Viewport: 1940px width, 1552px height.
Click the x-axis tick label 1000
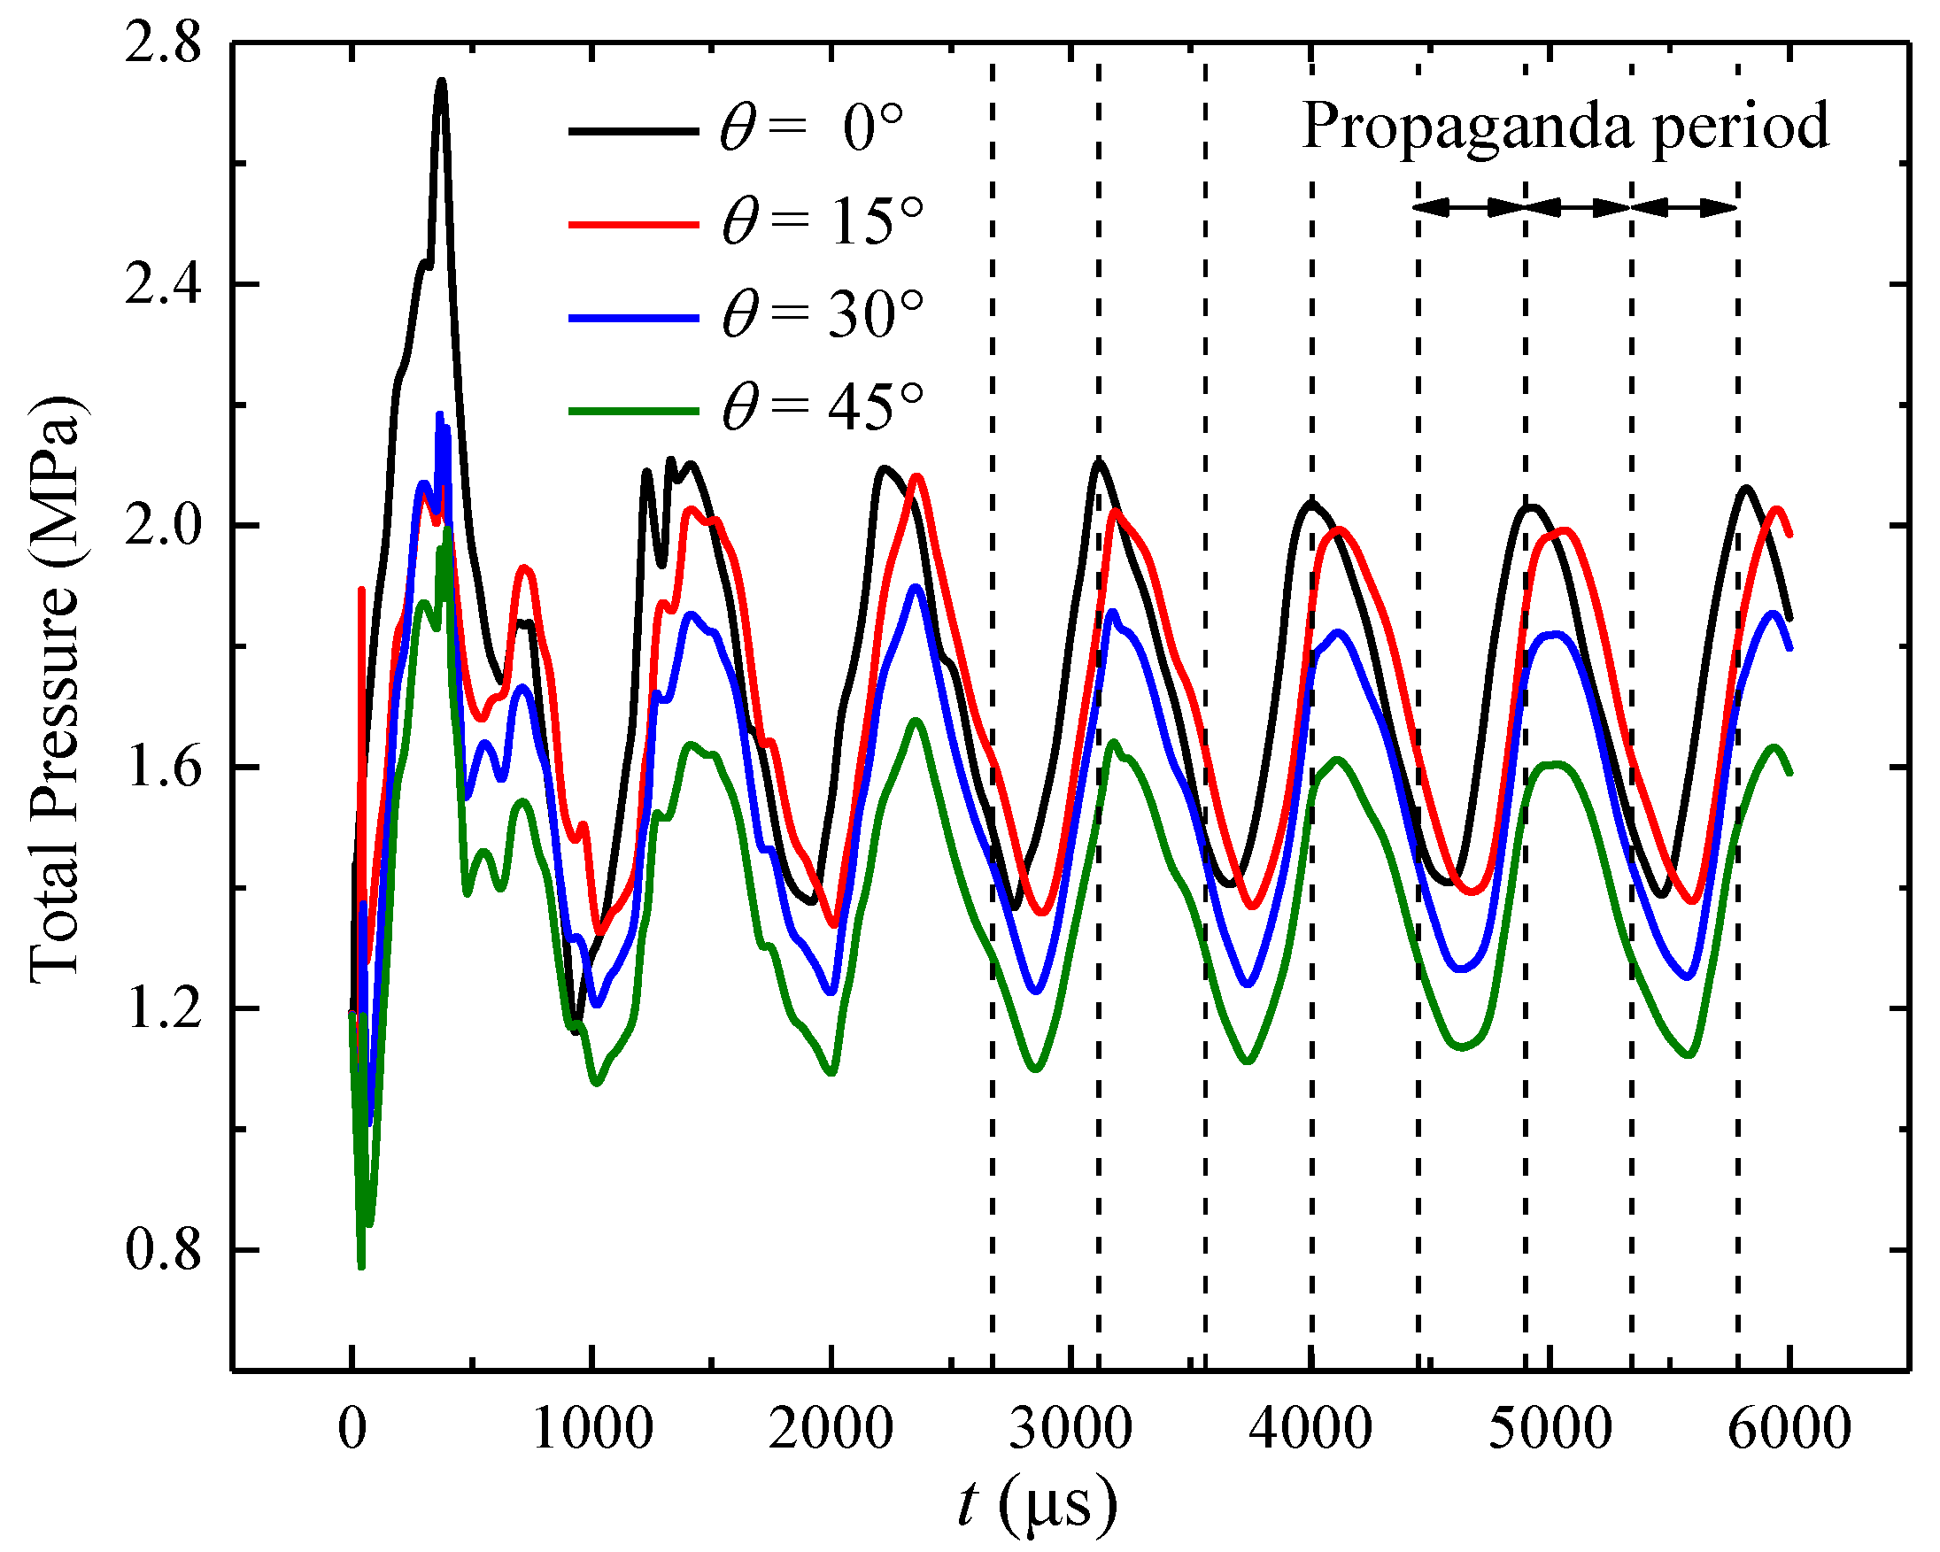pyautogui.click(x=592, y=1428)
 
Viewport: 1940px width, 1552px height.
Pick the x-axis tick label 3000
pyautogui.click(x=1070, y=1428)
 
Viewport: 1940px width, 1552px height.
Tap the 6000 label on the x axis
pyautogui.click(x=1789, y=1428)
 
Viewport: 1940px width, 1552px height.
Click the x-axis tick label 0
pyautogui.click(x=352, y=1428)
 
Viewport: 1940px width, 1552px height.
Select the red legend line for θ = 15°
pyautogui.click(x=633, y=223)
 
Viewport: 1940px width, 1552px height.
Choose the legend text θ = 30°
pyautogui.click(x=823, y=316)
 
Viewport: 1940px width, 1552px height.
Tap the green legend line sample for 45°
pyautogui.click(x=633, y=411)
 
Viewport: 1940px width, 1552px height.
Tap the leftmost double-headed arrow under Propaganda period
pyautogui.click(x=1471, y=208)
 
